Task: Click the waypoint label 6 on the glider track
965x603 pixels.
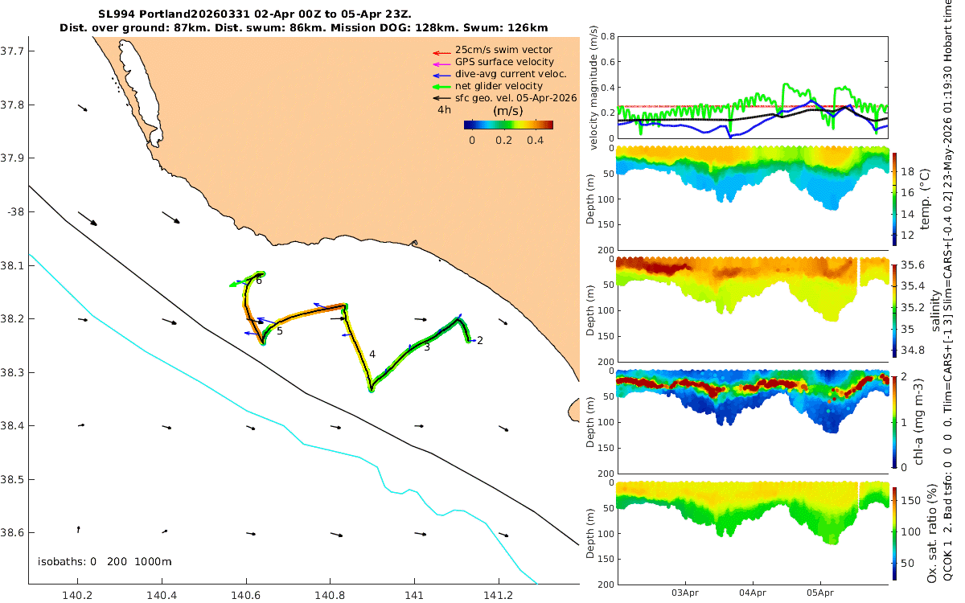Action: point(259,281)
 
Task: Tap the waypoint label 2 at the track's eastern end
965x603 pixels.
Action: point(480,341)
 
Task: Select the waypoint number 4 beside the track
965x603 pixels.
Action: point(372,355)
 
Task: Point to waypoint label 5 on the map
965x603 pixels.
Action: point(280,331)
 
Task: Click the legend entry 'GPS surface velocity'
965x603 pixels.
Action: point(504,62)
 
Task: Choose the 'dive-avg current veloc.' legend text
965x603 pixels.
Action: point(511,74)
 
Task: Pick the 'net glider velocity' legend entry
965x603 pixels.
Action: point(499,86)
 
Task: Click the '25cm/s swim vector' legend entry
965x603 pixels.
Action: point(503,50)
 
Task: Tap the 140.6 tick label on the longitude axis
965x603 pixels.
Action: point(245,595)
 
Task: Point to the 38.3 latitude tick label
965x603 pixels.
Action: point(10,372)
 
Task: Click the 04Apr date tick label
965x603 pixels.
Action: point(753,593)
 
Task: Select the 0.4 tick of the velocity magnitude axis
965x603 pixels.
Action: point(608,88)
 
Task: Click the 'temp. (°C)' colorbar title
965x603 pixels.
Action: point(925,199)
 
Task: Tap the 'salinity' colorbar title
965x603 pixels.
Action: point(935,311)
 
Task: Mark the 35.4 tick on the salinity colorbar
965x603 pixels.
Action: point(913,286)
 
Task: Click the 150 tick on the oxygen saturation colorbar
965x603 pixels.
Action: point(910,500)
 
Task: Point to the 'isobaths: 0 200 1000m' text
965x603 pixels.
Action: point(105,562)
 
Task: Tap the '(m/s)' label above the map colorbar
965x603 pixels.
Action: point(508,111)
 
